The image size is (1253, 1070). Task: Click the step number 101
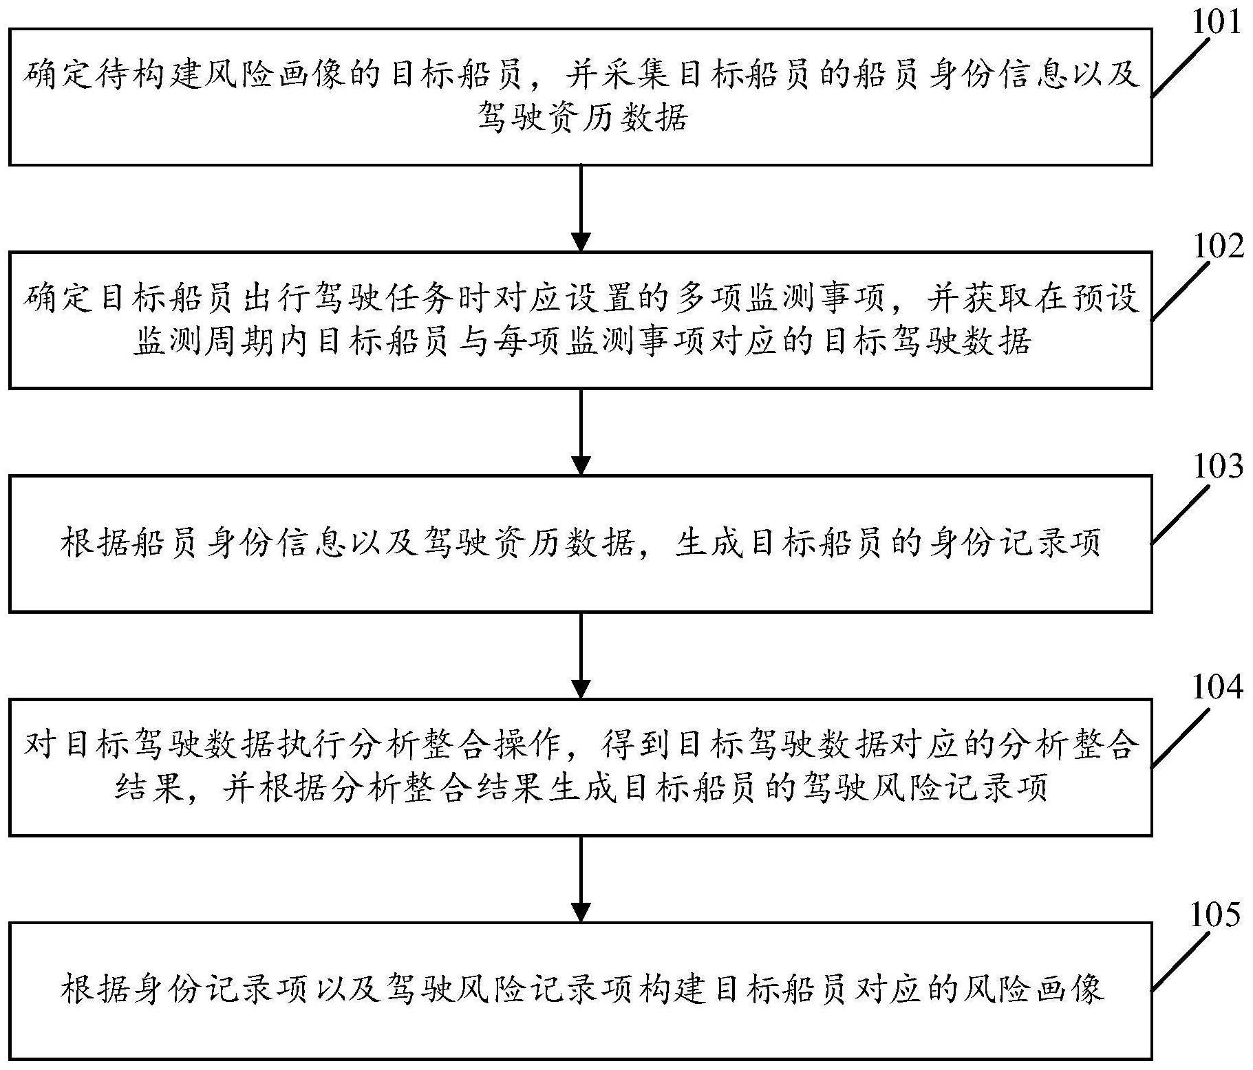[1217, 22]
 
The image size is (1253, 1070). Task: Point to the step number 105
[1216, 915]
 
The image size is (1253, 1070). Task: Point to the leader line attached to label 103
[1181, 514]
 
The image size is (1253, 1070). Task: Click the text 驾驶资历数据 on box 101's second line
[582, 118]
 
